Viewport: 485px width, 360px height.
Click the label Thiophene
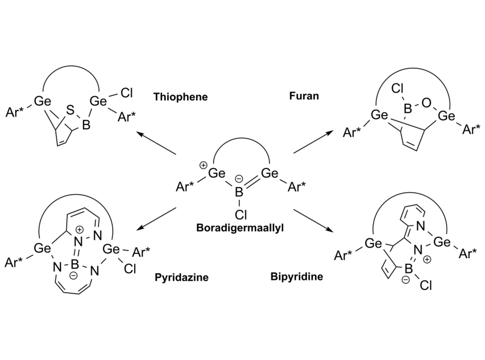pyautogui.click(x=181, y=97)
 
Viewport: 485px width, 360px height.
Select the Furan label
pyautogui.click(x=304, y=96)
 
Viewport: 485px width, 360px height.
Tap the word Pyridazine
pyautogui.click(x=182, y=277)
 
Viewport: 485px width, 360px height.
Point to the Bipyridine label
pyautogui.click(x=296, y=277)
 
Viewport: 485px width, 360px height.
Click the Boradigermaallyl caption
pyautogui.click(x=240, y=228)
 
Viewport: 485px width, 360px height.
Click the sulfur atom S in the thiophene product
pyautogui.click(x=70, y=111)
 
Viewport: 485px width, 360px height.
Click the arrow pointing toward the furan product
pyautogui.click(x=313, y=142)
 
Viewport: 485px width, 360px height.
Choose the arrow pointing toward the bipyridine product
pyautogui.click(x=313, y=220)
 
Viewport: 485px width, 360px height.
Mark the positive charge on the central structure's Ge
pyautogui.click(x=203, y=166)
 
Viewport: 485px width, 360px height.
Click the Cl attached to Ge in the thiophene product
pyautogui.click(x=127, y=93)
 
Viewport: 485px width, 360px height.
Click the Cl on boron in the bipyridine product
pyautogui.click(x=425, y=286)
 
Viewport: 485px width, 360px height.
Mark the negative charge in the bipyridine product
pyautogui.click(x=405, y=280)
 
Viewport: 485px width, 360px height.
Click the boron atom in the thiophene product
pyautogui.click(x=86, y=125)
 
